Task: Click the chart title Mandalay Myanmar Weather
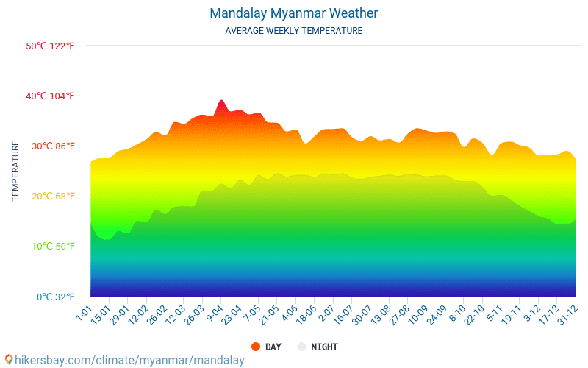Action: pos(293,13)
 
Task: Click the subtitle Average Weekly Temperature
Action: pos(293,31)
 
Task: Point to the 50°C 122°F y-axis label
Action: pos(50,46)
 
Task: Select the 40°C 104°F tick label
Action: pos(50,96)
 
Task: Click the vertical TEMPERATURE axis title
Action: pos(15,171)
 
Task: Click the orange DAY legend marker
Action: pos(256,347)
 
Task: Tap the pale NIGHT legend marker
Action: pos(301,347)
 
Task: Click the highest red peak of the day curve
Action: pos(221,101)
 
